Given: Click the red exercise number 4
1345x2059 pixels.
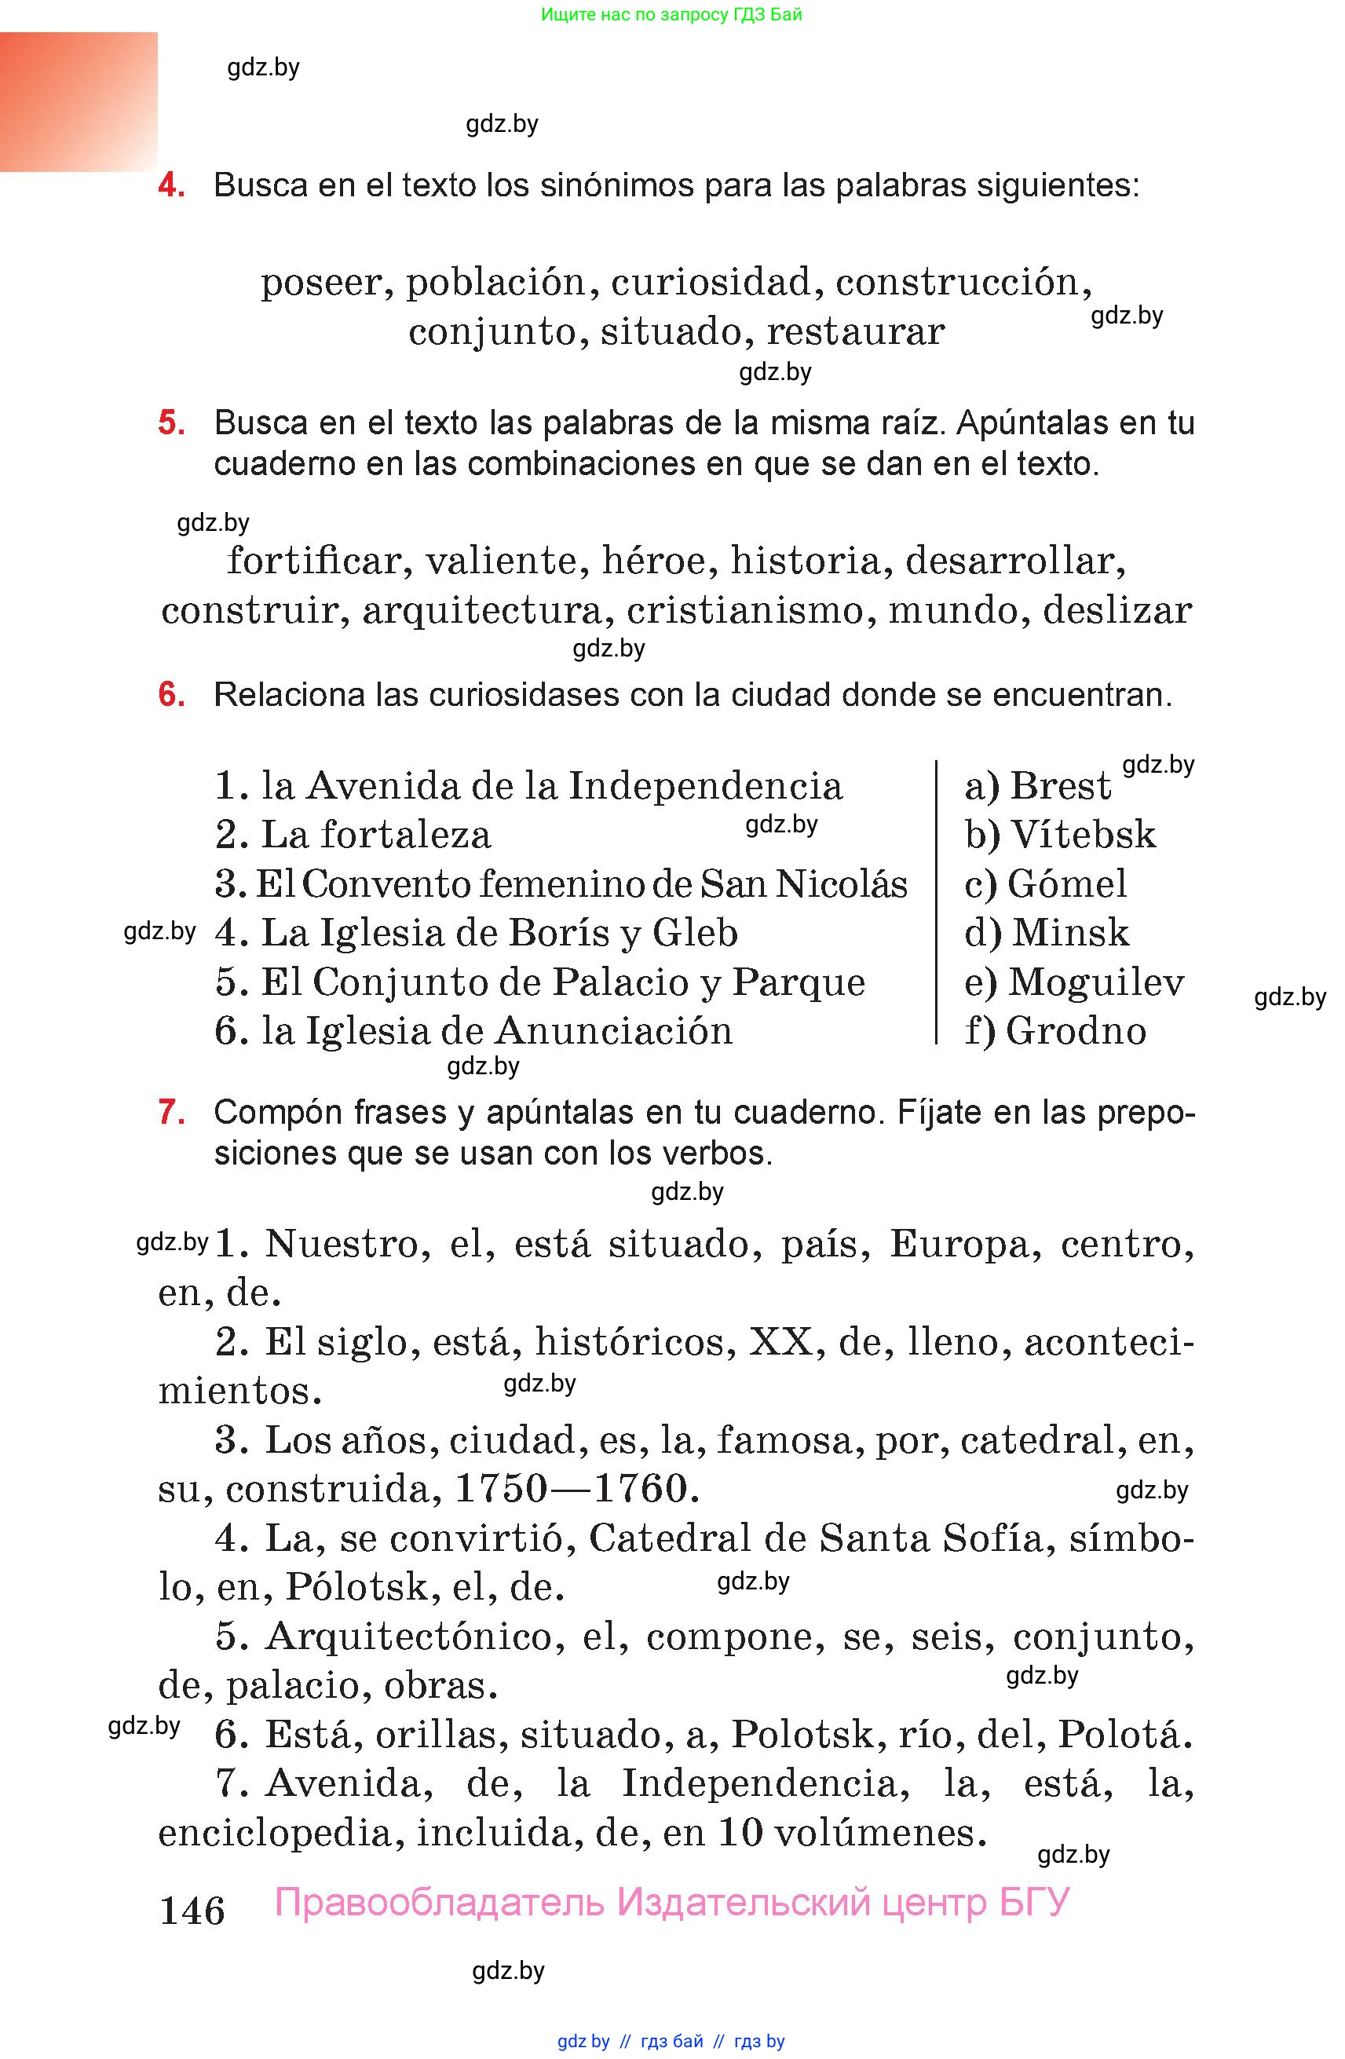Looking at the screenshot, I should click(x=171, y=185).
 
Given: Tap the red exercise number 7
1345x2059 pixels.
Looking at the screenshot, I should click(x=171, y=1112).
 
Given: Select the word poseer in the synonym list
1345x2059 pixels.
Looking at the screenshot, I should click(x=321, y=283).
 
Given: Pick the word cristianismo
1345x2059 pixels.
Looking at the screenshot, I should click(x=744, y=611).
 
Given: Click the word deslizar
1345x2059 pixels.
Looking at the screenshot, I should click(x=1117, y=611).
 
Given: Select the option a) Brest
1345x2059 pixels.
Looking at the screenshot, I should click(x=1037, y=786).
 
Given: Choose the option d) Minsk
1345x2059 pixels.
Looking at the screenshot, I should click(x=1047, y=934).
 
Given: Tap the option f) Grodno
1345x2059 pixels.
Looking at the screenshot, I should click(x=1055, y=1031).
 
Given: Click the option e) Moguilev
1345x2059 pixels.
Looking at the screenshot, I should click(x=1073, y=982).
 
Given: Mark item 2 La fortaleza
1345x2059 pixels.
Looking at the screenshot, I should click(x=353, y=836).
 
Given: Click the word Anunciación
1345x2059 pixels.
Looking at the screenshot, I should click(x=615, y=1031).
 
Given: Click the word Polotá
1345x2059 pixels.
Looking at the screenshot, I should click(x=1125, y=1735).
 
